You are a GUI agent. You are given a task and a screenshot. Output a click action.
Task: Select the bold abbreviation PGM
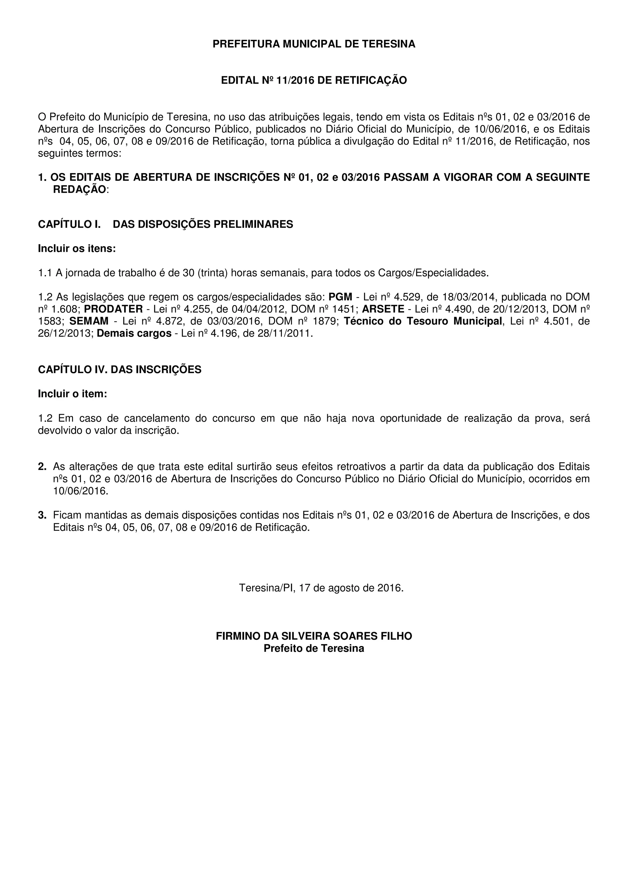pyautogui.click(x=340, y=297)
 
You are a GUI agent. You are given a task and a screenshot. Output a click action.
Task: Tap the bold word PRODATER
pyautogui.click(x=113, y=309)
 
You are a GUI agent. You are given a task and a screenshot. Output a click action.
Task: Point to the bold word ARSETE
pyautogui.click(x=383, y=309)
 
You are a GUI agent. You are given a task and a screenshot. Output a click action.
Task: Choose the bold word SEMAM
pyautogui.click(x=89, y=321)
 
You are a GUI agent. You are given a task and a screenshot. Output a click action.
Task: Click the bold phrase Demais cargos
pyautogui.click(x=134, y=334)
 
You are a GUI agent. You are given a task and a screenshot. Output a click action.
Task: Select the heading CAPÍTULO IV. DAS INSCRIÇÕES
pyautogui.click(x=120, y=370)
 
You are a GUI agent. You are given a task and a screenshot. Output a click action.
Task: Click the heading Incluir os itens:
pyautogui.click(x=77, y=249)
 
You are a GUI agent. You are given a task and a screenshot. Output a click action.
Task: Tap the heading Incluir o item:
pyautogui.click(x=72, y=394)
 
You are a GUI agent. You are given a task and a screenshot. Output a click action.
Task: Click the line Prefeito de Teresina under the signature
pyautogui.click(x=314, y=648)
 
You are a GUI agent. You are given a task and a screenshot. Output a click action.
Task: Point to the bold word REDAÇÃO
pyautogui.click(x=79, y=190)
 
